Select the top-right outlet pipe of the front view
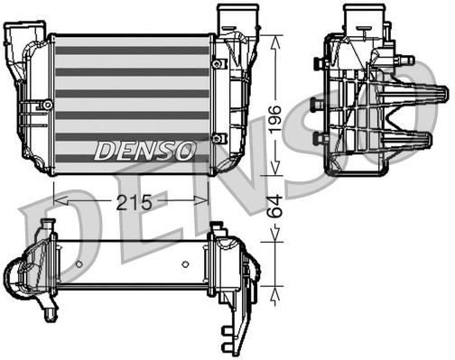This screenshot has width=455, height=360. click(x=231, y=20)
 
